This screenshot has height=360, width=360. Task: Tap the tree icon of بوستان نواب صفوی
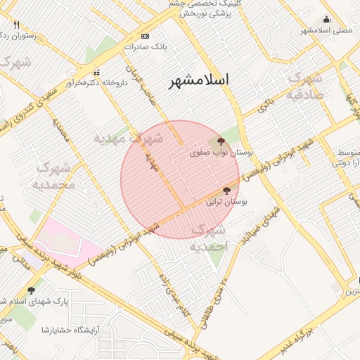tap(222, 142)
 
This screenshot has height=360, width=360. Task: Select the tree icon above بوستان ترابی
tap(226, 191)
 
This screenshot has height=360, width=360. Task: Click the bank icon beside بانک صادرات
tap(146, 36)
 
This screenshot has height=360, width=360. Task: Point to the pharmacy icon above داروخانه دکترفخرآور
tap(96, 72)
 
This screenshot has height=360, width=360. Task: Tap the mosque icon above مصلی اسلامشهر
tap(326, 20)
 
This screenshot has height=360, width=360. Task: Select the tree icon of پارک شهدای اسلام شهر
tap(31, 290)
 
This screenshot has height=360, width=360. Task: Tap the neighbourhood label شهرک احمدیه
tap(209, 238)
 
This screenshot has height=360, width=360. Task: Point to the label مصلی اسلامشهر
tap(326, 30)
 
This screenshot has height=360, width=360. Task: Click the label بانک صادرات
tap(146, 46)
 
